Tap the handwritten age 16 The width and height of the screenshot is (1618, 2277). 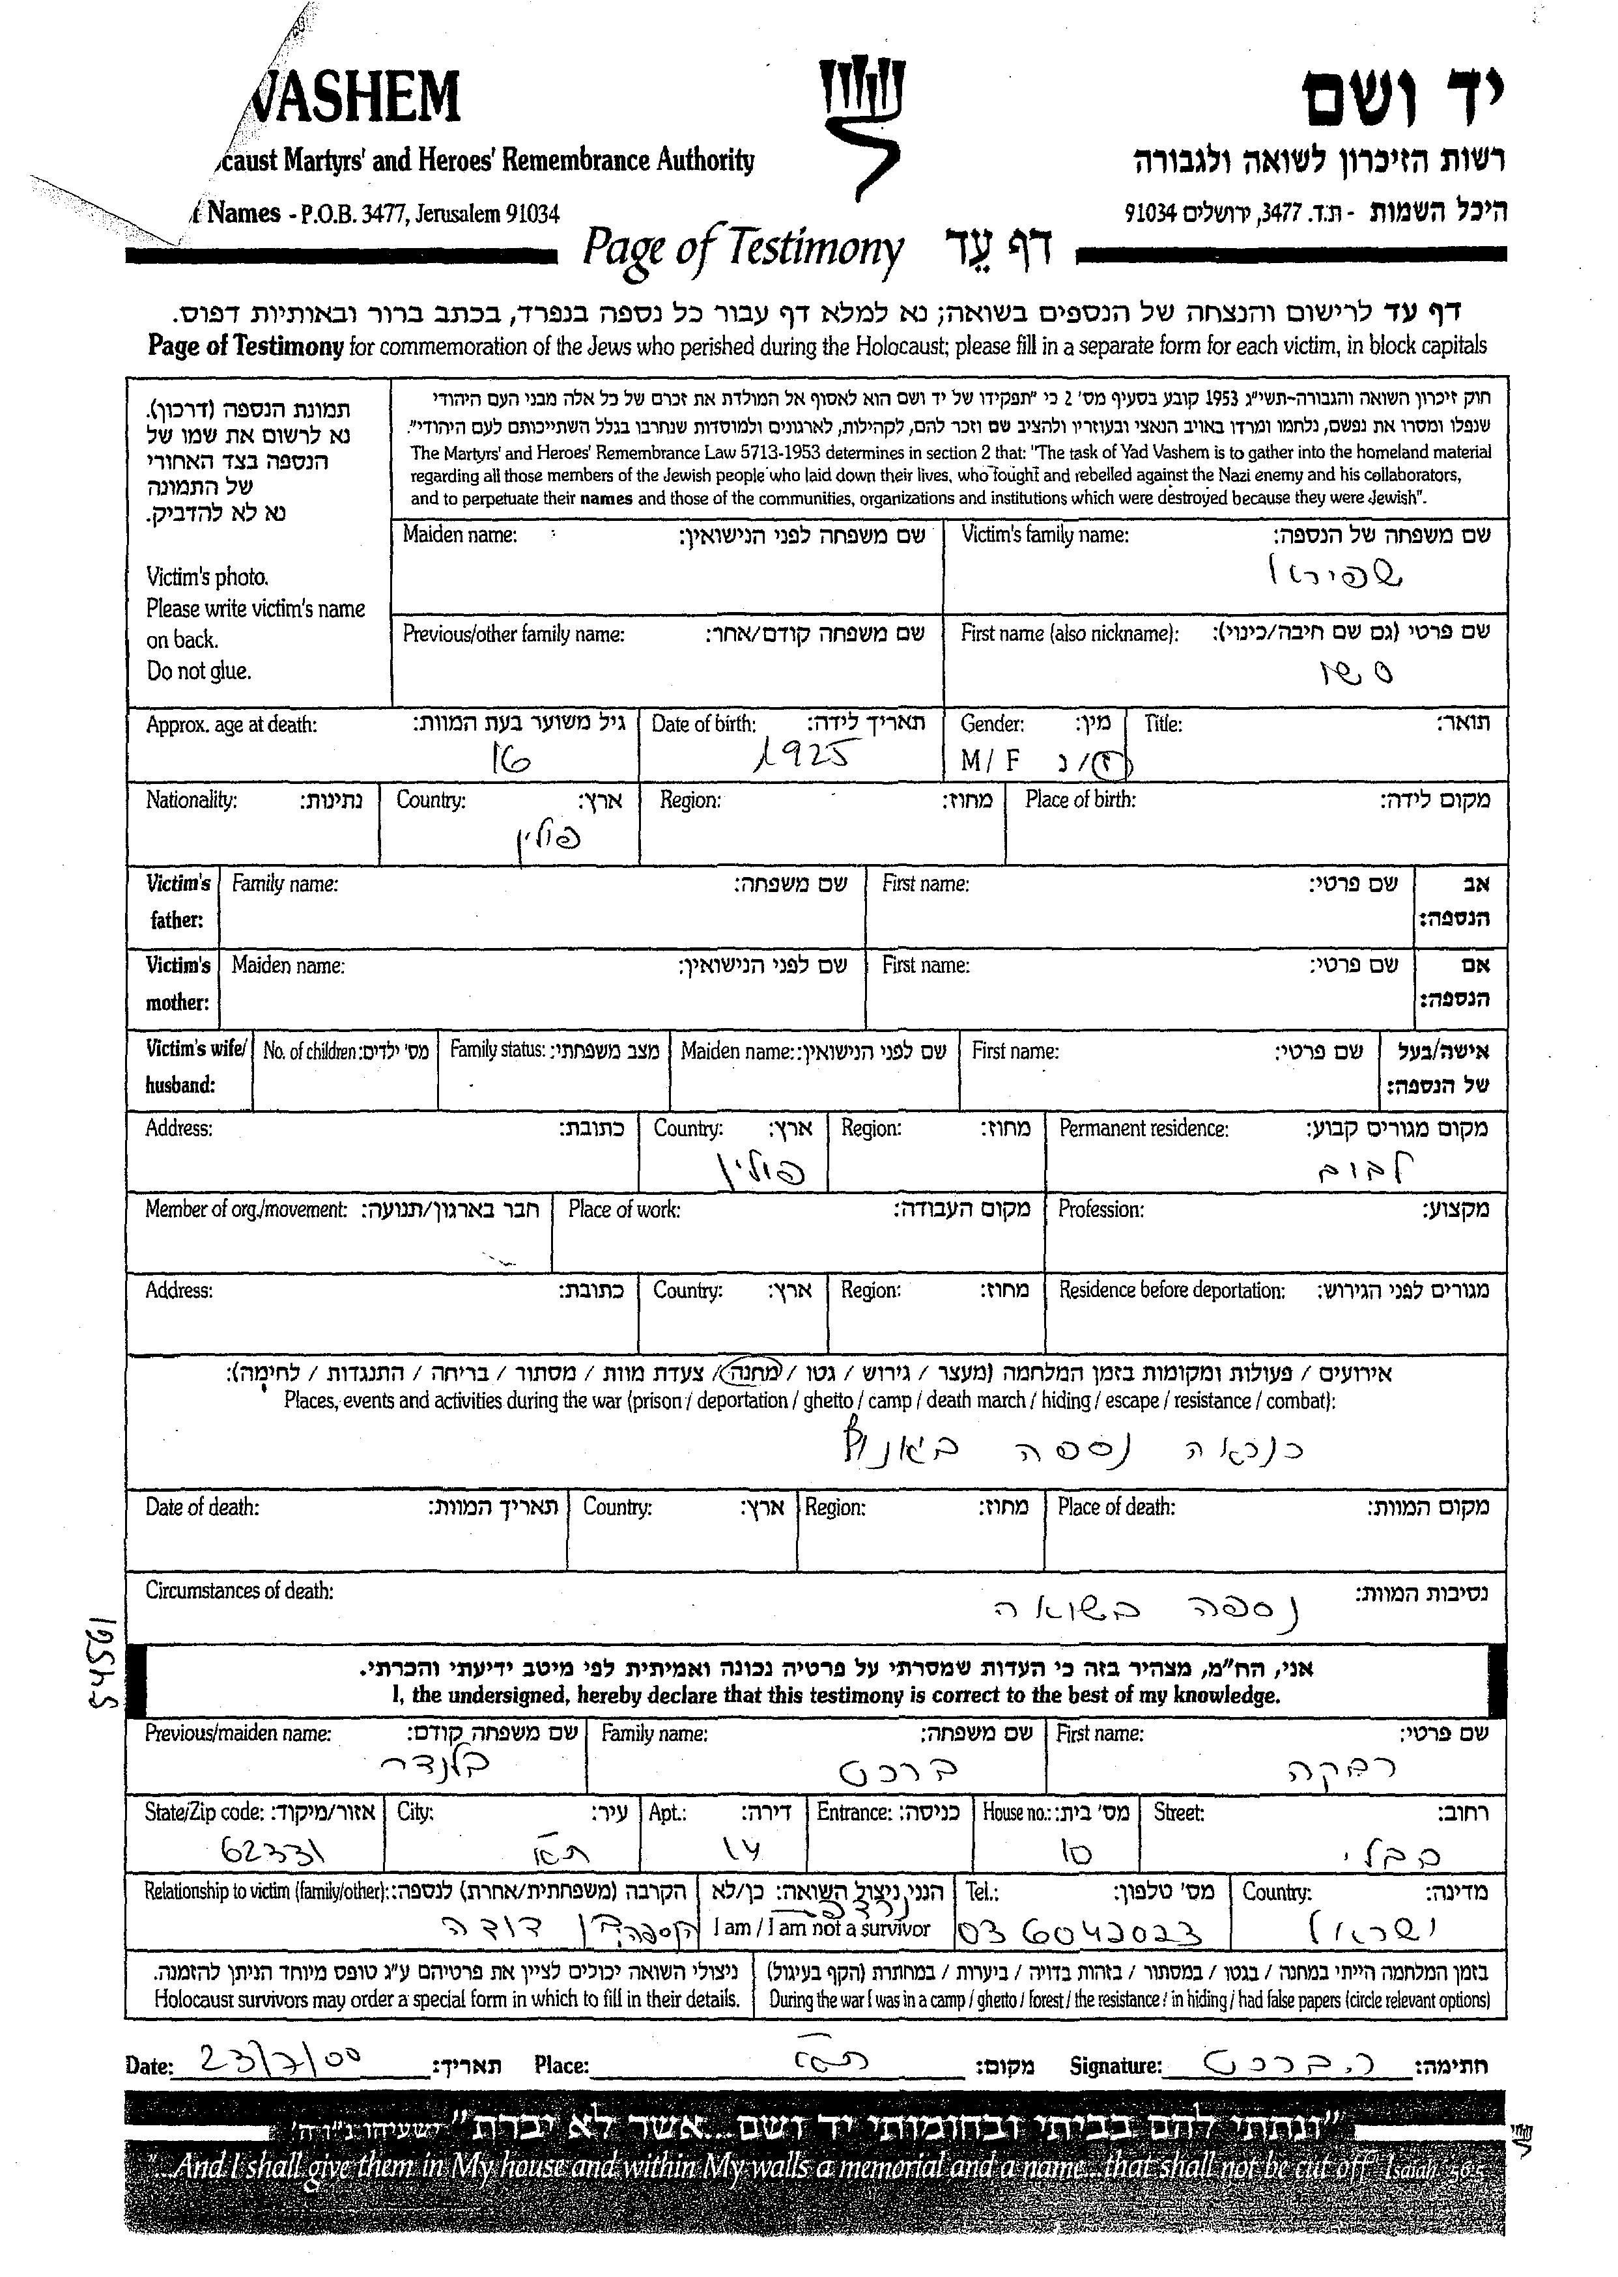510,762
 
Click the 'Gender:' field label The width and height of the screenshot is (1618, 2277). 991,724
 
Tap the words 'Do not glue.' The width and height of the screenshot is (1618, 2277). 198,671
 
